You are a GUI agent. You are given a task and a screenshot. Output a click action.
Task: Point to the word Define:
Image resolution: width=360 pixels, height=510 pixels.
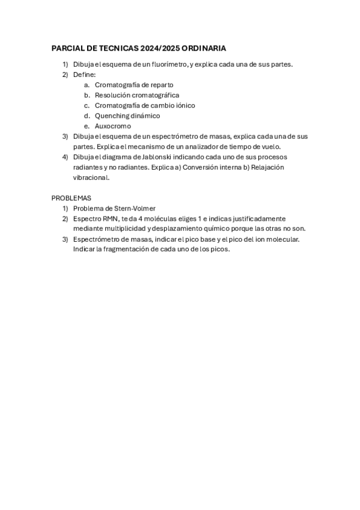pyautogui.click(x=85, y=75)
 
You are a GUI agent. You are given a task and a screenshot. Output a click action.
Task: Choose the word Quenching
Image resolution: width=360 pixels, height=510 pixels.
pyautogui.click(x=112, y=115)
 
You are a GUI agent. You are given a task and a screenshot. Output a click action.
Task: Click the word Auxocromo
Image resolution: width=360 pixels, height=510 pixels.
pyautogui.click(x=112, y=126)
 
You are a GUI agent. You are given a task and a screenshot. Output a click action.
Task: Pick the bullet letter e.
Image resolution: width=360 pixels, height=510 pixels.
pyautogui.click(x=87, y=126)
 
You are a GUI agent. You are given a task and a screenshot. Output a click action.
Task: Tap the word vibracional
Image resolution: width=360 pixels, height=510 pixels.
pyautogui.click(x=90, y=177)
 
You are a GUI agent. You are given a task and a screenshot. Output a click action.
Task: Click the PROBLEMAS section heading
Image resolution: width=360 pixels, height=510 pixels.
pyautogui.click(x=72, y=198)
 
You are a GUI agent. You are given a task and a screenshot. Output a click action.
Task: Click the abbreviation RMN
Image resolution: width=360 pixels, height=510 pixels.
pyautogui.click(x=109, y=218)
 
